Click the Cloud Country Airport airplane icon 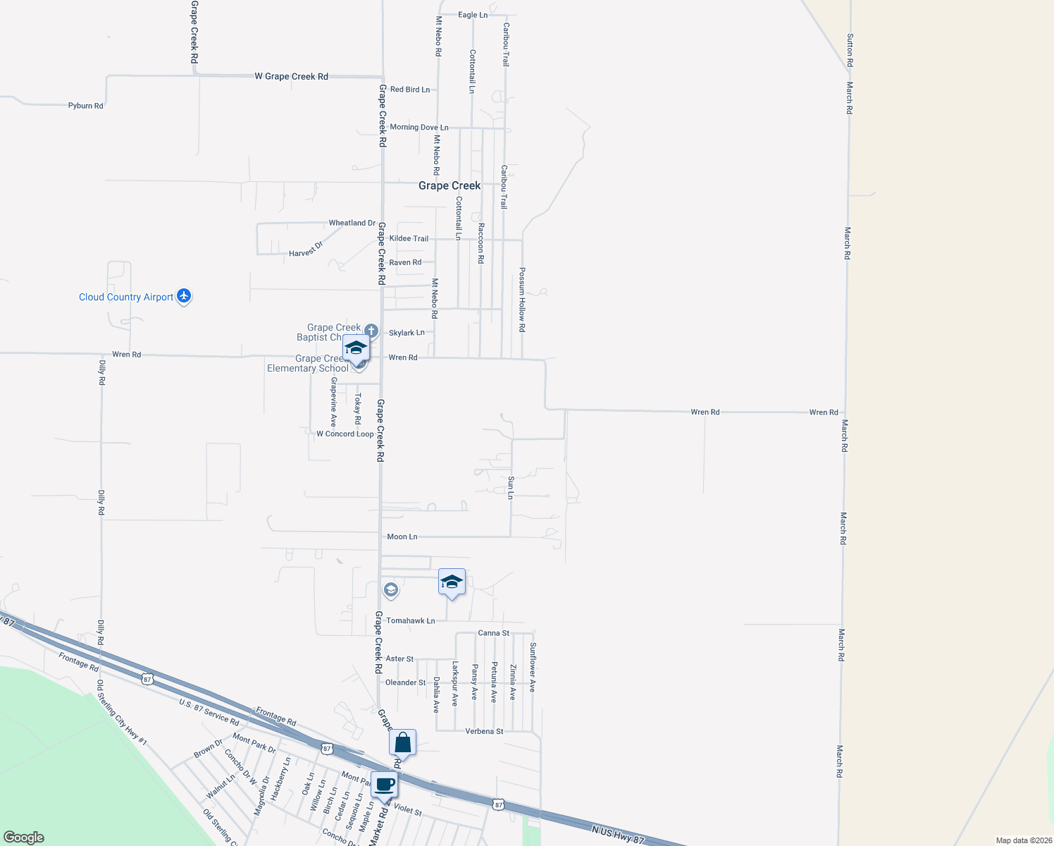coord(184,296)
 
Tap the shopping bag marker coord(402,743)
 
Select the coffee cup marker coord(385,785)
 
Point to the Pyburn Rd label coord(85,106)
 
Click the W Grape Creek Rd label coord(291,76)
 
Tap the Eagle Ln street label coord(472,15)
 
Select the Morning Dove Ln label coord(418,128)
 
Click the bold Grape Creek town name coord(449,185)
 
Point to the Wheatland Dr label coord(352,223)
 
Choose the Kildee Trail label coord(409,238)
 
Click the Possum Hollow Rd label coord(522,300)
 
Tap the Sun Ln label coord(511,487)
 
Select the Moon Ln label coord(402,537)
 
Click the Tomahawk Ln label coord(410,621)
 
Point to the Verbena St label coord(484,732)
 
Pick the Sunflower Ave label coord(533,667)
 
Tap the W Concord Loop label coord(345,434)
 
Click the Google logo coord(23,838)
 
